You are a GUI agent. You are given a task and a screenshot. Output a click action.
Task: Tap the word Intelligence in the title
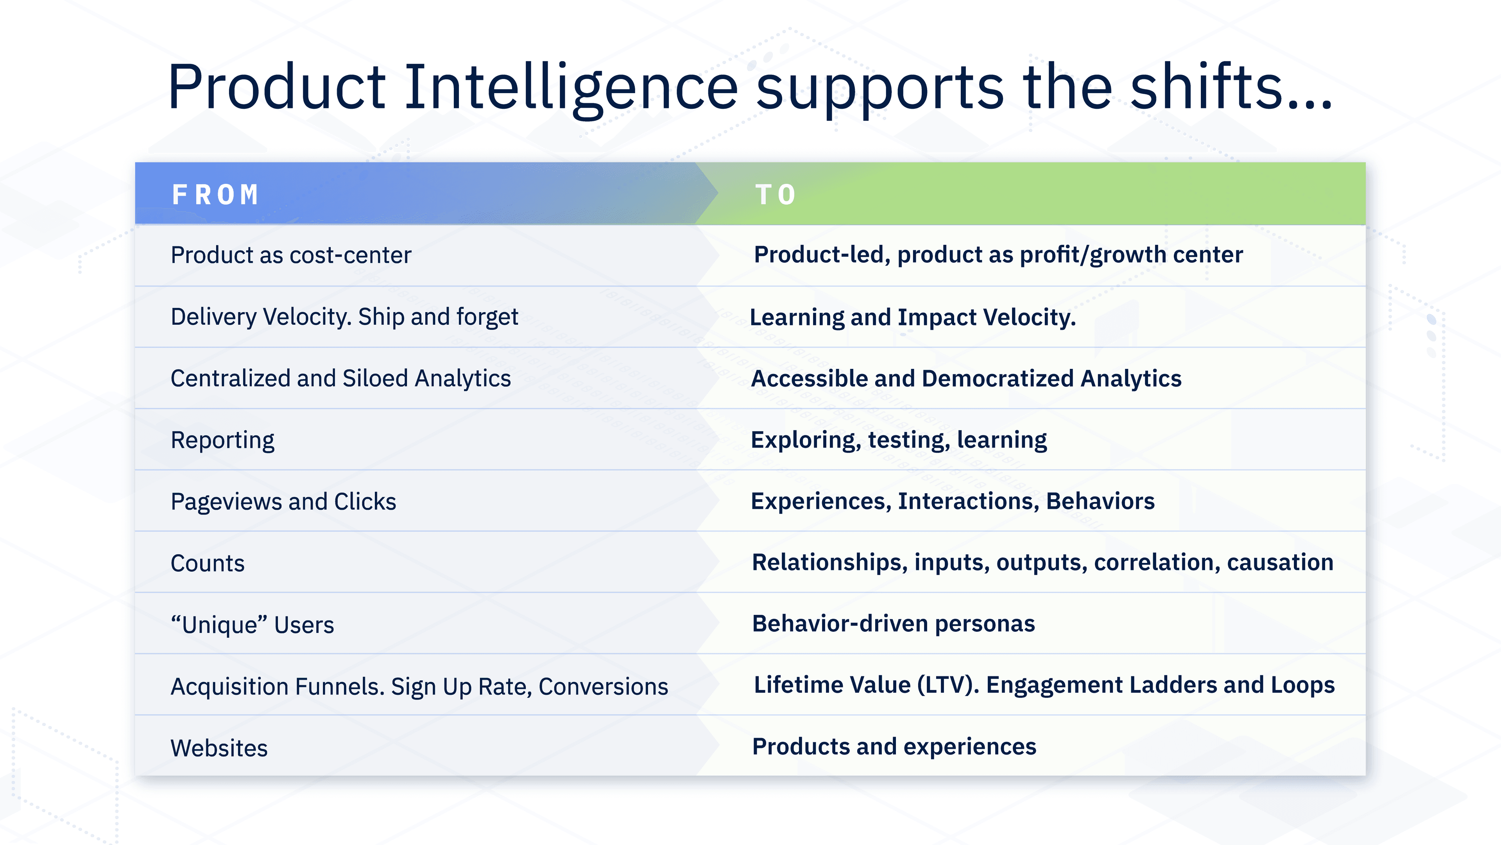click(571, 88)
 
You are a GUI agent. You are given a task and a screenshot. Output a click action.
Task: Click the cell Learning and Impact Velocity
click(912, 317)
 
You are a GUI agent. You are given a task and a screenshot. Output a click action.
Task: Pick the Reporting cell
click(222, 440)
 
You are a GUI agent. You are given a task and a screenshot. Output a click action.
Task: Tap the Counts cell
click(208, 563)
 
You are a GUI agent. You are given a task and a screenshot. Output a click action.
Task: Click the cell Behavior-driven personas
click(893, 624)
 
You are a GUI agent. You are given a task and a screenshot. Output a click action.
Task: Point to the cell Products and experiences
click(894, 746)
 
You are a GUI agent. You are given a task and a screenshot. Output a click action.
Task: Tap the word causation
click(1280, 562)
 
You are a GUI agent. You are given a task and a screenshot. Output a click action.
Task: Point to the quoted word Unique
click(220, 625)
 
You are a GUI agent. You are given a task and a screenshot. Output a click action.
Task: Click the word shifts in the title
click(1206, 88)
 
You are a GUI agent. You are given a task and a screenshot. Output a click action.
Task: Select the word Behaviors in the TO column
click(1100, 501)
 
